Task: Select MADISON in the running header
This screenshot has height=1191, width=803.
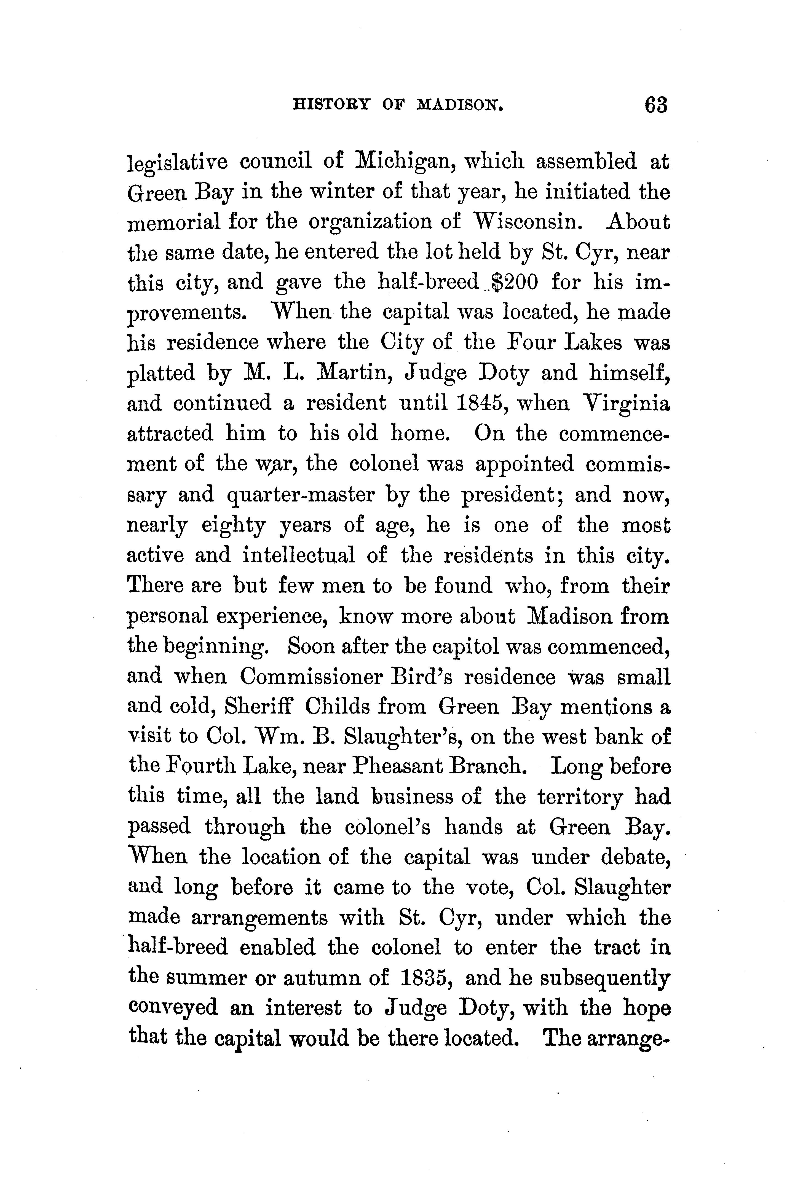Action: point(461,106)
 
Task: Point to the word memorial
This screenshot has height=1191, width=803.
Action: point(174,222)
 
